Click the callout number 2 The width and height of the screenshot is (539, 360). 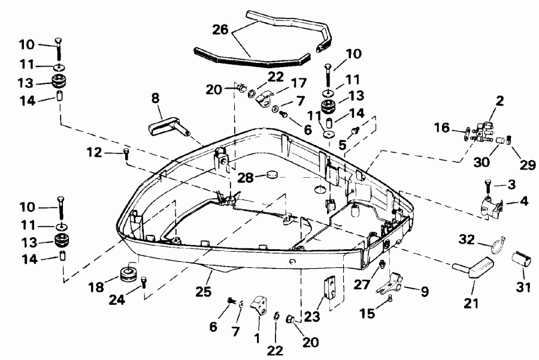[500, 101]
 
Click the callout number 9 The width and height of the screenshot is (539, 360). [424, 292]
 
